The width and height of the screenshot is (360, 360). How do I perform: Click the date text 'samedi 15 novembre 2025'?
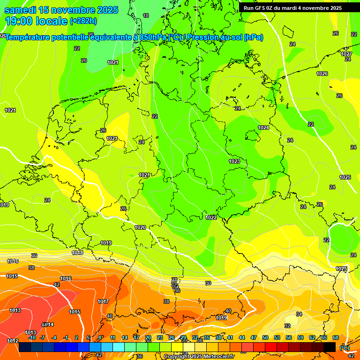pyautogui.click(x=61, y=10)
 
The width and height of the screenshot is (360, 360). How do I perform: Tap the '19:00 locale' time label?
pyautogui.click(x=36, y=21)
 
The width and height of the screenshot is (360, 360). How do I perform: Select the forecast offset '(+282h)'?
pyautogui.click(x=83, y=21)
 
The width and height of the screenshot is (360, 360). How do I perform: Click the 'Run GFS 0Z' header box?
pyautogui.click(x=292, y=8)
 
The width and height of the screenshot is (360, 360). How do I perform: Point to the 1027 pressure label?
pyautogui.click(x=346, y=54)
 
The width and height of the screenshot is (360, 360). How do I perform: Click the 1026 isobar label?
pyautogui.click(x=322, y=74)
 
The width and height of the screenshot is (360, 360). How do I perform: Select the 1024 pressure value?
pyautogui.click(x=263, y=127)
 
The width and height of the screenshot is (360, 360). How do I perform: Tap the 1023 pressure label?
pyautogui.click(x=234, y=161)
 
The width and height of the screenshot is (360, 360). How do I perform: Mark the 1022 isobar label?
pyautogui.click(x=211, y=217)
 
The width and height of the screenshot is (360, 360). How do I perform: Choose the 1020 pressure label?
pyautogui.click(x=140, y=227)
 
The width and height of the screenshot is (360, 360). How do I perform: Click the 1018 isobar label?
pyautogui.click(x=77, y=253)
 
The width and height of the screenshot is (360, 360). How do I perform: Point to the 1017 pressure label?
pyautogui.click(x=103, y=301)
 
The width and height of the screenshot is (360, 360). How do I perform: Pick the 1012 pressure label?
pyautogui.click(x=13, y=341)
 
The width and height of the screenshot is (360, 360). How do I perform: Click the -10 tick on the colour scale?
pyautogui.click(x=32, y=337)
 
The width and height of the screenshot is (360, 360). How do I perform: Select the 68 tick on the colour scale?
pyautogui.click(x=336, y=337)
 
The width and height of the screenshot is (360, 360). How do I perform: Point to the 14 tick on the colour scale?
pyautogui.click(x=125, y=337)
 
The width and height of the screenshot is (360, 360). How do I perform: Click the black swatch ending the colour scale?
pyautogui.click(x=330, y=347)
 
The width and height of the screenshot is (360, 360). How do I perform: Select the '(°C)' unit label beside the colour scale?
pyautogui.click(x=345, y=347)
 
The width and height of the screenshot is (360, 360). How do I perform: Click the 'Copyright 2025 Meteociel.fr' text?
pyautogui.click(x=199, y=357)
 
